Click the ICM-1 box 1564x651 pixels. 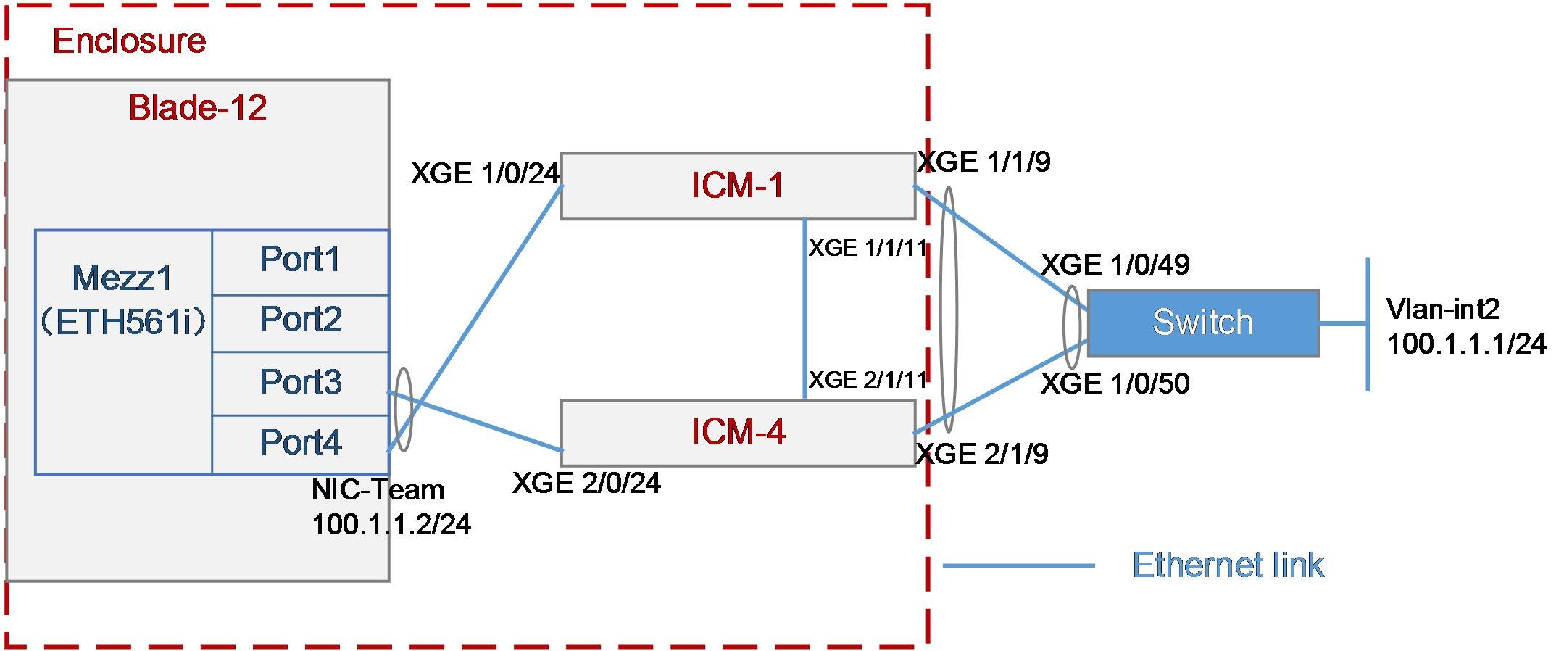[738, 186]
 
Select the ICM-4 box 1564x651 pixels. [738, 433]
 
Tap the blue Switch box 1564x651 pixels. [1203, 323]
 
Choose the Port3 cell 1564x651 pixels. [301, 383]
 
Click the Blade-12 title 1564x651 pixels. [198, 108]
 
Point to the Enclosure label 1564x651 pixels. [129, 41]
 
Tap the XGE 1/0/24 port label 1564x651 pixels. [485, 173]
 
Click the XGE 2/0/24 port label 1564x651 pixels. [586, 483]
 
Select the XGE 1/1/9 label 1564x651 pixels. [983, 162]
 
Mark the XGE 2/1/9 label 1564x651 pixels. [982, 454]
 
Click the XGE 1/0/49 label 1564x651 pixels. [1115, 265]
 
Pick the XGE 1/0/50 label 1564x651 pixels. [1115, 383]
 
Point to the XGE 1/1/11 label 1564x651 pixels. [868, 248]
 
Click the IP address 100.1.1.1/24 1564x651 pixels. [1467, 344]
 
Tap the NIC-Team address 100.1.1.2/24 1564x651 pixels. [391, 524]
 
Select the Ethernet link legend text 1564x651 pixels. [1228, 565]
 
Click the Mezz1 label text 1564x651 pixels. [122, 278]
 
